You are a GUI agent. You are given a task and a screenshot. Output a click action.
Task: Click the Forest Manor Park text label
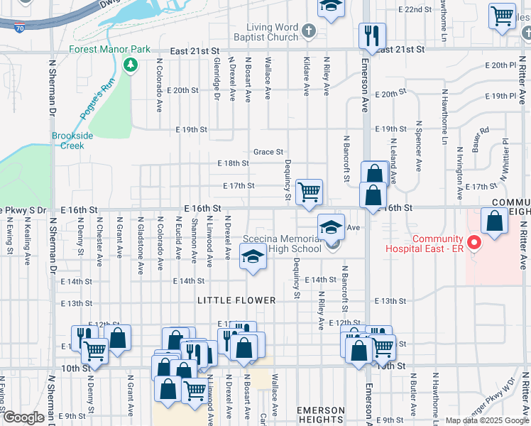click(x=110, y=50)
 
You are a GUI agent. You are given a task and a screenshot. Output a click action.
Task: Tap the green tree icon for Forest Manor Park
click(x=130, y=65)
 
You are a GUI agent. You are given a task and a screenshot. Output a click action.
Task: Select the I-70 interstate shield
click(x=20, y=28)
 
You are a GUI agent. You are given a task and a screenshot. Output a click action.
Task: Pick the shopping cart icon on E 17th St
click(x=309, y=192)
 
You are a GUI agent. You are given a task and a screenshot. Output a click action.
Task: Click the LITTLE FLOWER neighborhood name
click(x=236, y=300)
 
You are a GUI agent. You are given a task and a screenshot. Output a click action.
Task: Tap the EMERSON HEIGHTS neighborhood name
click(x=321, y=415)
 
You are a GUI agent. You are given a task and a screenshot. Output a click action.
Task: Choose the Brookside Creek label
click(x=67, y=141)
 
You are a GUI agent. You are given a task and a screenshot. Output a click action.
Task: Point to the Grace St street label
click(x=268, y=152)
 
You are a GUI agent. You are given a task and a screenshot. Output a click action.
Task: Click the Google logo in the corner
click(x=23, y=418)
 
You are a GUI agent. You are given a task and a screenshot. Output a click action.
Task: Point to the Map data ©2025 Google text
click(x=486, y=420)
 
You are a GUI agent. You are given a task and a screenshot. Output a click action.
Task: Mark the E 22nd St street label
click(x=416, y=9)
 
